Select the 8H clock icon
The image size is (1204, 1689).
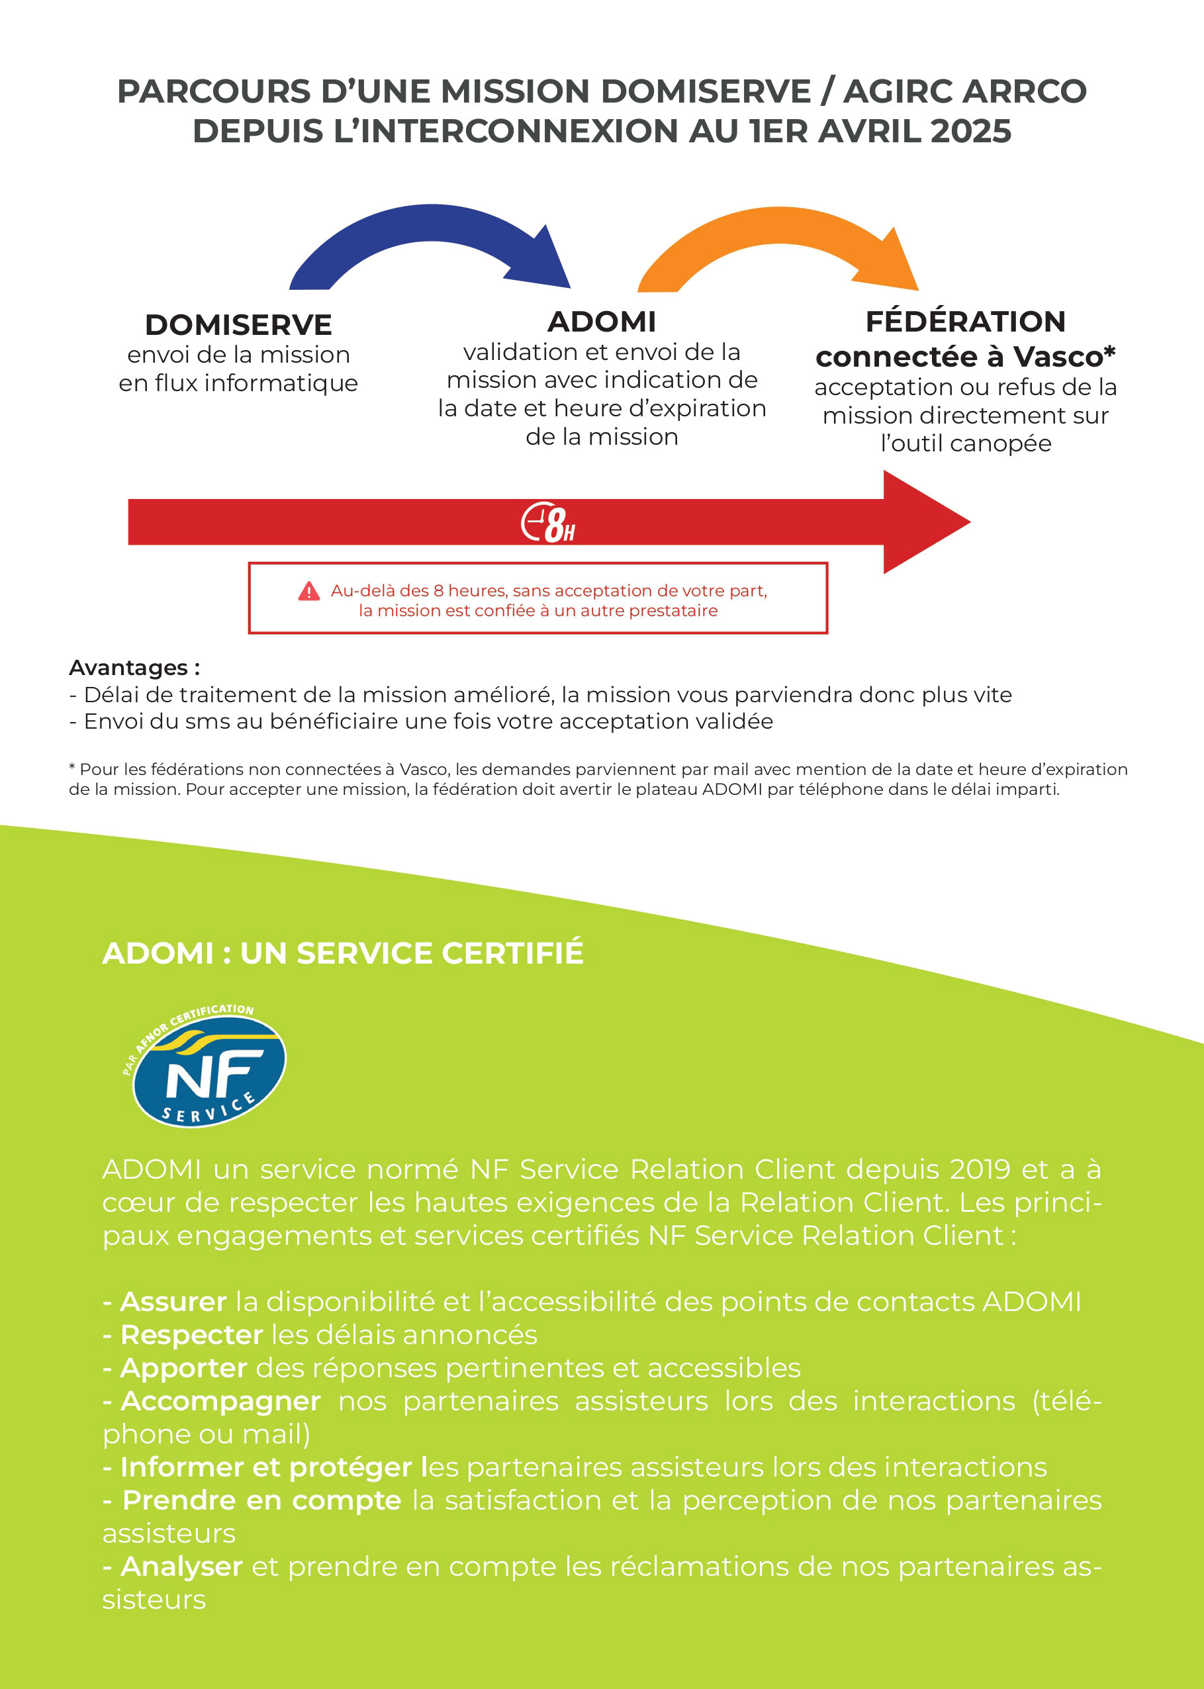[548, 524]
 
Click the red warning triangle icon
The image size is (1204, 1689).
[309, 592]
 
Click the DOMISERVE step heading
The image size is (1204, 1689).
[238, 324]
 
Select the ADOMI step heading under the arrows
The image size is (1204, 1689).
[601, 322]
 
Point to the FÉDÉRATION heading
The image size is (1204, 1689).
[965, 322]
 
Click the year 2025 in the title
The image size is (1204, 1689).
[970, 131]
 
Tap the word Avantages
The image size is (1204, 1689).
[128, 668]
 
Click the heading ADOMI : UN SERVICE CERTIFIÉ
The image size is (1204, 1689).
[342, 953]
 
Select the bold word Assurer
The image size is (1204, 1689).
[173, 1301]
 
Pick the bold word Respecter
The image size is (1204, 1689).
[191, 1335]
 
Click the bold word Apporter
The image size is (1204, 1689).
[183, 1368]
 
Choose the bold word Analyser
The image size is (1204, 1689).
[181, 1567]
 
